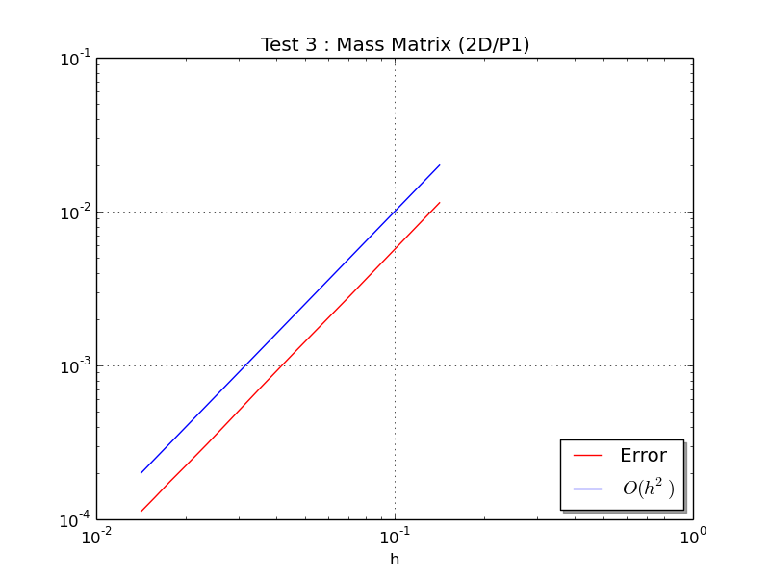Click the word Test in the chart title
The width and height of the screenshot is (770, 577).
click(x=279, y=45)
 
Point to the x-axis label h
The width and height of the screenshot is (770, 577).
click(x=395, y=559)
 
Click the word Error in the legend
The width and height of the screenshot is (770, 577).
click(x=643, y=456)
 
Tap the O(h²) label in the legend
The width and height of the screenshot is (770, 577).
click(x=648, y=489)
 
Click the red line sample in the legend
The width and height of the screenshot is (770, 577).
click(x=587, y=456)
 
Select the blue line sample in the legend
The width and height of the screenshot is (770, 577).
click(x=587, y=489)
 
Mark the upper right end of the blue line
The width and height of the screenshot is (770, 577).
click(x=440, y=165)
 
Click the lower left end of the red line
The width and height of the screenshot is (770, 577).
click(x=141, y=512)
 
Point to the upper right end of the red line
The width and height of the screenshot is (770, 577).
click(x=440, y=203)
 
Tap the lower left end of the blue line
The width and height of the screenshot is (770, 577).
click(x=141, y=473)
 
